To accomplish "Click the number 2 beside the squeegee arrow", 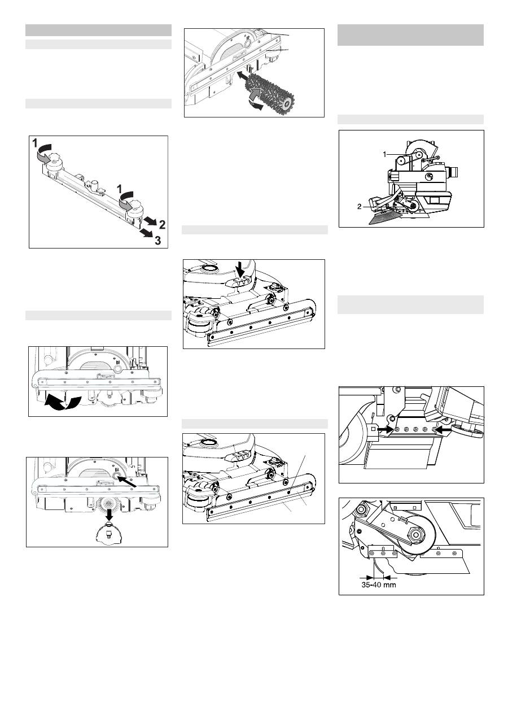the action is pyautogui.click(x=162, y=225).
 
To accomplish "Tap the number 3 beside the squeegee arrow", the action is pyautogui.click(x=158, y=240).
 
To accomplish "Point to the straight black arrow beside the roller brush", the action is pyautogui.click(x=246, y=76).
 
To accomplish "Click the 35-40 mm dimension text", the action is pyautogui.click(x=378, y=585).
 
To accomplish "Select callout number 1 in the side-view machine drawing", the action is pyautogui.click(x=384, y=154).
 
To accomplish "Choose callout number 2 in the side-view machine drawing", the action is pyautogui.click(x=359, y=207).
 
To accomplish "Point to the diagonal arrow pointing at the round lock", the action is pyautogui.click(x=126, y=481).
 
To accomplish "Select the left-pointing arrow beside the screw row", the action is pyautogui.click(x=443, y=429).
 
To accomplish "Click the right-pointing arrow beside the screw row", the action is pyautogui.click(x=386, y=429).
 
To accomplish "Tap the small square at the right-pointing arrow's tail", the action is pyautogui.click(x=374, y=429).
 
